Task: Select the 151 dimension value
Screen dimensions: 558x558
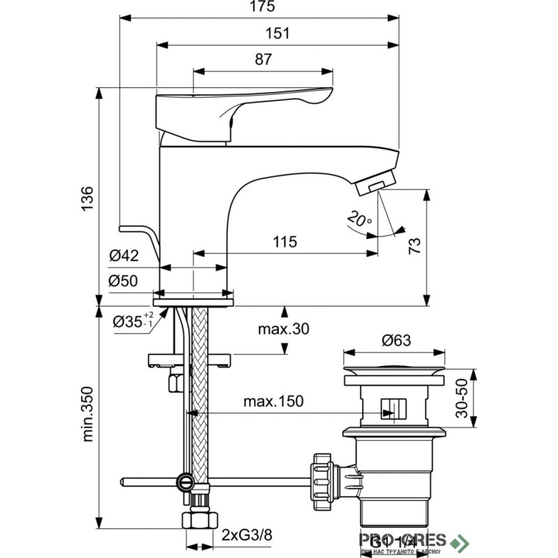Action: [277, 33]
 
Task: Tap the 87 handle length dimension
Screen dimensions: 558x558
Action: [263, 60]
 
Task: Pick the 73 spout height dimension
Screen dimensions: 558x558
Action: [414, 246]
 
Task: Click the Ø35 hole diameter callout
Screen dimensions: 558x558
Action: [133, 322]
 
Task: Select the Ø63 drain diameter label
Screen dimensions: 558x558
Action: [396, 341]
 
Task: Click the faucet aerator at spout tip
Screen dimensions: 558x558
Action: [376, 186]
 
